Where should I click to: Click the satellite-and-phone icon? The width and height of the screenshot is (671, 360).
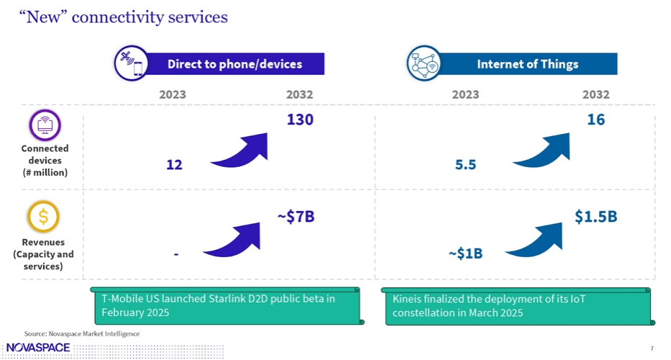pos(132,63)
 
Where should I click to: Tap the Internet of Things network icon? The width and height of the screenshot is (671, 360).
pos(423,63)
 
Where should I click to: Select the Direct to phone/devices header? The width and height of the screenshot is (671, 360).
pos(235,64)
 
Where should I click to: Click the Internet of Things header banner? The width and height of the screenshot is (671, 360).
pos(527,64)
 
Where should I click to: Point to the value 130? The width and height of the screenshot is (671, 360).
pos(300,120)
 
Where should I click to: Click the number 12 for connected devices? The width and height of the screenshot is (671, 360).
pos(174,165)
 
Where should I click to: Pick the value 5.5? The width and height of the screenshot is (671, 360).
pos(466,165)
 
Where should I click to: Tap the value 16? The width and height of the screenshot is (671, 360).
pos(595,120)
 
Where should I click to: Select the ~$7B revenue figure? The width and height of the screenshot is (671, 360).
pos(296,217)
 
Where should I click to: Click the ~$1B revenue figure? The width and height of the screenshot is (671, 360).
pos(465,253)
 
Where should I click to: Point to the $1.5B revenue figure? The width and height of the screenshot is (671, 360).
pos(595,217)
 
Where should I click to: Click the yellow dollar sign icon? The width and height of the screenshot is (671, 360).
pos(43,216)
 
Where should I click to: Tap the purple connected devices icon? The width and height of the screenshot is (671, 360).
pos(45,125)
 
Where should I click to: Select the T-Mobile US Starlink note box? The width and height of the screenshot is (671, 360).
pos(227,306)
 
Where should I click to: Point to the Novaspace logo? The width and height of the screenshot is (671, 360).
pos(38,348)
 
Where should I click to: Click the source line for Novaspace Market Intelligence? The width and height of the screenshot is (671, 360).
pos(82,333)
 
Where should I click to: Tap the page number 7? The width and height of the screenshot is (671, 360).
pos(652,348)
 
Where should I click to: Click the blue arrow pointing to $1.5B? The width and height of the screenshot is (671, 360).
pos(536,240)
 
